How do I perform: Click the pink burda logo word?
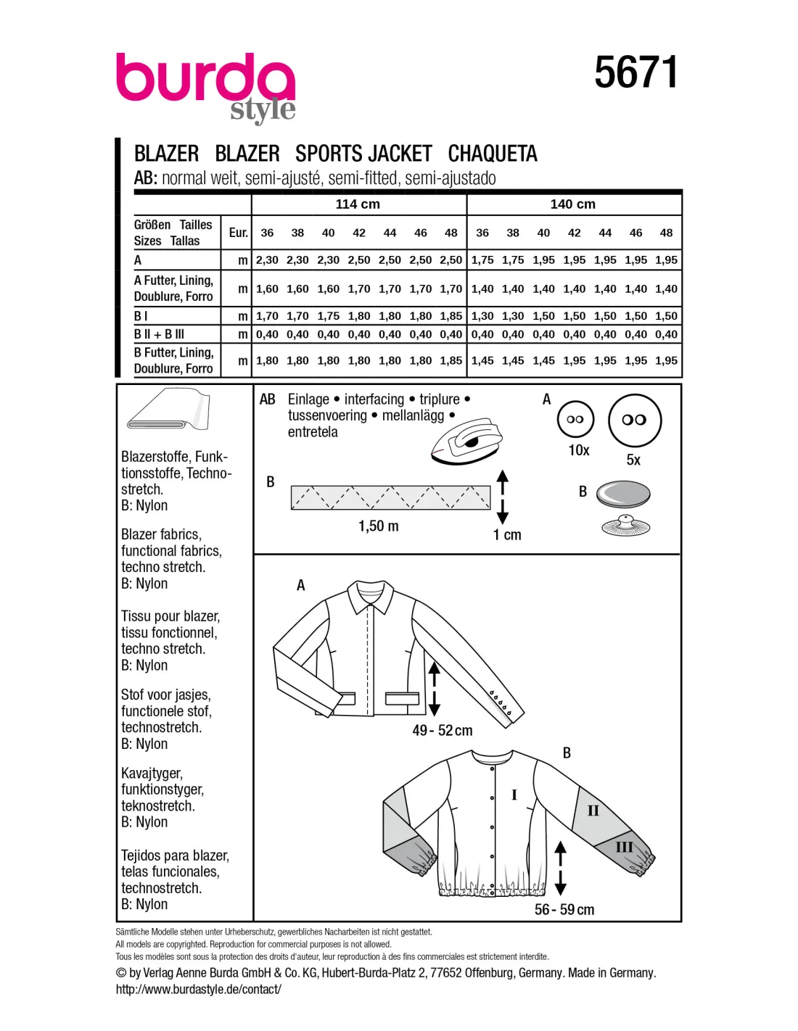pyautogui.click(x=205, y=78)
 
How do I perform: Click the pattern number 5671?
pyautogui.click(x=635, y=73)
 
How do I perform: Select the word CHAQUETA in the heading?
pyautogui.click(x=493, y=154)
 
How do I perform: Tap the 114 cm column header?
pyautogui.click(x=358, y=204)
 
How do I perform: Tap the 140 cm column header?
pyautogui.click(x=572, y=204)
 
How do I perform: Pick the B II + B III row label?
pyautogui.click(x=159, y=334)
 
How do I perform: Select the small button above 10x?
pyautogui.click(x=575, y=419)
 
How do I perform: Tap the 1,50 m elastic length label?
pyautogui.click(x=378, y=526)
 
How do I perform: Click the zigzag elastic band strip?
pyautogui.click(x=390, y=497)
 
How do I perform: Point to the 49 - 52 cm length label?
pyautogui.click(x=442, y=731)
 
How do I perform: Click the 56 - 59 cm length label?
pyautogui.click(x=564, y=910)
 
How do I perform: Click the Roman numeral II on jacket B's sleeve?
pyautogui.click(x=593, y=811)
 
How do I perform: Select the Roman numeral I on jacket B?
pyautogui.click(x=514, y=795)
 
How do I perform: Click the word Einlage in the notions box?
pyautogui.click(x=308, y=399)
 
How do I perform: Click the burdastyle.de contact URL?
pyautogui.click(x=198, y=989)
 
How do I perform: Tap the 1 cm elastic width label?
pyautogui.click(x=506, y=535)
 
